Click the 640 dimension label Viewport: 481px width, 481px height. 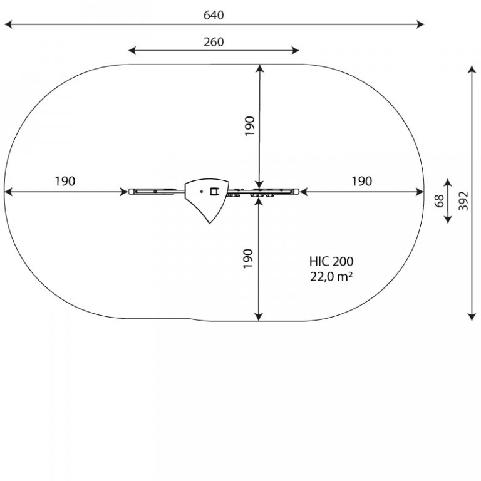[214, 15]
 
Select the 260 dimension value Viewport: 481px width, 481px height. [214, 42]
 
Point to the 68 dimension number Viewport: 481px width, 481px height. [439, 201]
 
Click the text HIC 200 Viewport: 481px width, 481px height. [331, 261]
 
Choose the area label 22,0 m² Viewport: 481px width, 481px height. [331, 277]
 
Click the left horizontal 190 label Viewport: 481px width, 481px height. [65, 181]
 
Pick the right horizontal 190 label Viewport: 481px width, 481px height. [361, 181]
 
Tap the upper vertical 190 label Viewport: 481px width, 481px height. [250, 126]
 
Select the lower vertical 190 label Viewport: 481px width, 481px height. [248, 259]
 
